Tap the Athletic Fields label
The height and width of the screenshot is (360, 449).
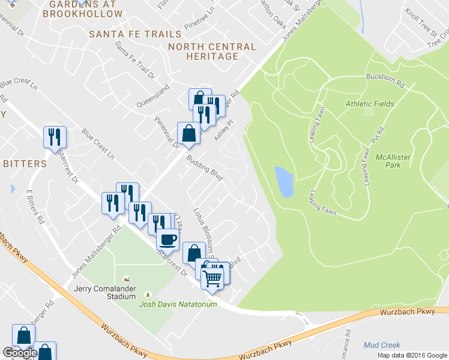click(370, 104)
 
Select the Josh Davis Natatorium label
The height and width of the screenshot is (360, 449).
click(178, 305)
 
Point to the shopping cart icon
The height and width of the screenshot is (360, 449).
click(212, 277)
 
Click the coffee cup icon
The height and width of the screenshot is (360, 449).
click(167, 239)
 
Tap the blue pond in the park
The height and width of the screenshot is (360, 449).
click(284, 181)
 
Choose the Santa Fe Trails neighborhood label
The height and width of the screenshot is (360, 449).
click(135, 34)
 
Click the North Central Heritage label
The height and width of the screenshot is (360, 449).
click(212, 52)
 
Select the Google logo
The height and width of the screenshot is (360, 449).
click(19, 353)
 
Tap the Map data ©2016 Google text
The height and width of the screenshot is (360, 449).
click(411, 355)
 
